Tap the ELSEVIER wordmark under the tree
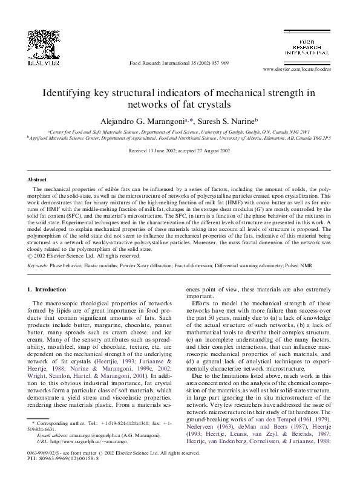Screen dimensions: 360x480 (46, 62)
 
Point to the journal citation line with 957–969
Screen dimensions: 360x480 (179, 63)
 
